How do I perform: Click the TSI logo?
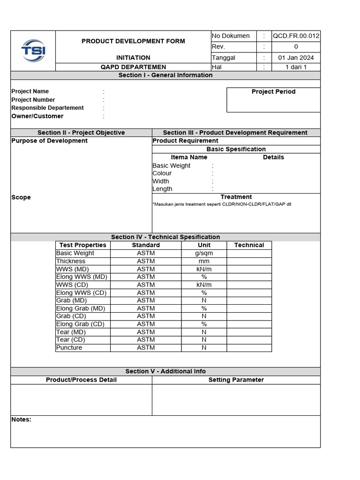(33, 51)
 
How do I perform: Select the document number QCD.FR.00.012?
(296, 36)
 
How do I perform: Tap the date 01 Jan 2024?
(296, 58)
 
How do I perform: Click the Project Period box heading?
(273, 92)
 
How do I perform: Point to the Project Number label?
(33, 100)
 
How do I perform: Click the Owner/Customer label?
(37, 116)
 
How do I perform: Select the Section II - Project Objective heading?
(81, 133)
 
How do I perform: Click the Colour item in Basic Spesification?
(162, 173)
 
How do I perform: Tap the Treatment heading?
(236, 197)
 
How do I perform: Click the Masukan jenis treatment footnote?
(222, 204)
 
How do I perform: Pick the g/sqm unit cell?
(204, 253)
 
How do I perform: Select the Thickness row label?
(71, 261)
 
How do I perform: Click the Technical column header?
(249, 245)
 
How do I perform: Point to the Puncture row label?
(69, 348)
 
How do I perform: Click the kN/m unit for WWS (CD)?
(204, 285)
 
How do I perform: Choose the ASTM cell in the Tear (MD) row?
(146, 332)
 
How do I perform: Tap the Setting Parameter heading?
(236, 380)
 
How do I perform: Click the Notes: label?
(21, 420)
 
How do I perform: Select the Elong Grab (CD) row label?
(80, 324)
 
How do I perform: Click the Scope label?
(21, 197)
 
